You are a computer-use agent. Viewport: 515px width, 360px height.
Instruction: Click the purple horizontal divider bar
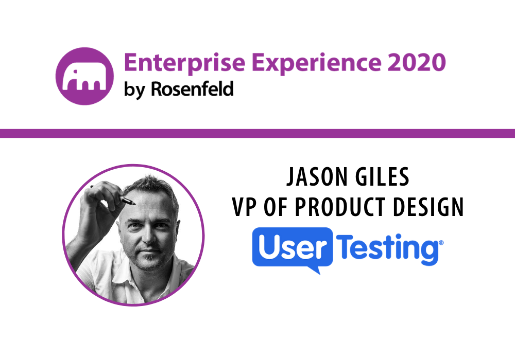click(x=257, y=134)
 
